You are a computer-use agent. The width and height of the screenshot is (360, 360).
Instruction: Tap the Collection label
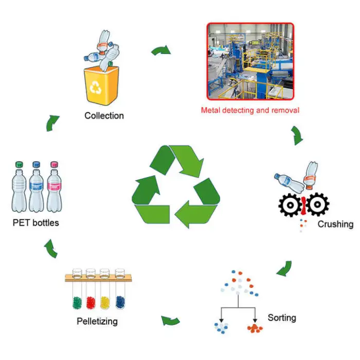tap(104, 116)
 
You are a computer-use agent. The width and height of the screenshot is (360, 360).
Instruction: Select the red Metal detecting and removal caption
tap(250, 110)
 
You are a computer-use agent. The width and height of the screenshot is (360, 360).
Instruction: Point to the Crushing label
tap(335, 224)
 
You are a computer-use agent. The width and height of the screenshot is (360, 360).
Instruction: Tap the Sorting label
tap(282, 317)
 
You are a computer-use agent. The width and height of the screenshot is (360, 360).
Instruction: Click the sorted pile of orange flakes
tap(255, 328)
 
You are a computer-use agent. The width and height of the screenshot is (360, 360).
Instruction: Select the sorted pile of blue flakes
tap(222, 328)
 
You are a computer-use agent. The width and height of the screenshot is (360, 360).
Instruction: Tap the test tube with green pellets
tap(77, 293)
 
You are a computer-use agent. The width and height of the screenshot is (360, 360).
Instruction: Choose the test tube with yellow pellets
tap(106, 293)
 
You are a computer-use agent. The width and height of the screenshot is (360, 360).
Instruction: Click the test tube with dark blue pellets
tap(120, 293)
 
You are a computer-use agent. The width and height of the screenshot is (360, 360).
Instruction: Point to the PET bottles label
tap(36, 223)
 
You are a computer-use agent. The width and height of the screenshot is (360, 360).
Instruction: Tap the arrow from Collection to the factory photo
tap(162, 50)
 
